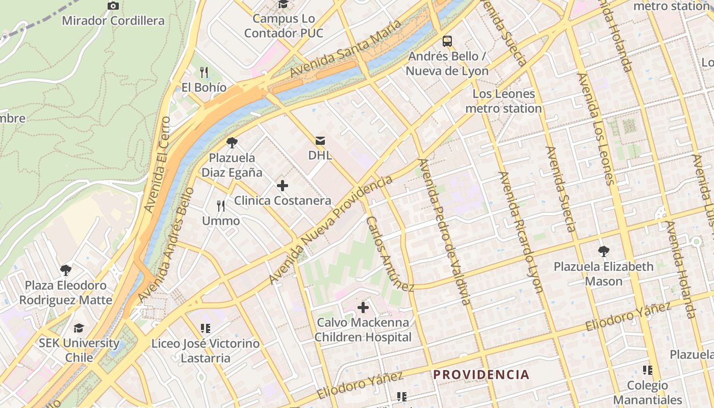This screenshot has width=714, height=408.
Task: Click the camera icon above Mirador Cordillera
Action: (x=113, y=6)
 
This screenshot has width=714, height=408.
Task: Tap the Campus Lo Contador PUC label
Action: (x=284, y=26)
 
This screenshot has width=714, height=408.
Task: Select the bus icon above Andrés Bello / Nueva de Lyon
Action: (x=447, y=41)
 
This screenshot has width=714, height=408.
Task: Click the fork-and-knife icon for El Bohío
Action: (x=204, y=72)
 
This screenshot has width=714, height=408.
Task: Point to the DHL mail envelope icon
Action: (x=320, y=140)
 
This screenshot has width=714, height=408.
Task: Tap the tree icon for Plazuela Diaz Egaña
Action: (x=232, y=143)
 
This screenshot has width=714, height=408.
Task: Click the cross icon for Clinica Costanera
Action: (x=283, y=186)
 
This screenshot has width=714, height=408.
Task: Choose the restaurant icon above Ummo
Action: (x=221, y=206)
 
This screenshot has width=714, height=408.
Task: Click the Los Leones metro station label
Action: (x=503, y=101)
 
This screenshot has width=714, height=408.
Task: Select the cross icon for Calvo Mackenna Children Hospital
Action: (x=363, y=308)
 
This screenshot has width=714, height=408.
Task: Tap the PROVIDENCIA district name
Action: (x=481, y=375)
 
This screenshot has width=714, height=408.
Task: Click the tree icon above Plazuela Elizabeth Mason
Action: (x=603, y=251)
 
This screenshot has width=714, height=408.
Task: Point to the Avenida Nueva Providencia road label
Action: (x=331, y=230)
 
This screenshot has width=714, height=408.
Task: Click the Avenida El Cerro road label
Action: (x=157, y=165)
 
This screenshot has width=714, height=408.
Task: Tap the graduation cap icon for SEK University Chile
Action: (x=79, y=328)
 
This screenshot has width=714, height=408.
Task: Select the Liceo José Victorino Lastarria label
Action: (x=206, y=351)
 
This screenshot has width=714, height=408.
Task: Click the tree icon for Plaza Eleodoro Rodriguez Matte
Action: (x=65, y=270)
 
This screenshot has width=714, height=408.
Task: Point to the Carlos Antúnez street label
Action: (x=390, y=254)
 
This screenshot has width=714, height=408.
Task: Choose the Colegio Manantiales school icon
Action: (x=648, y=370)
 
